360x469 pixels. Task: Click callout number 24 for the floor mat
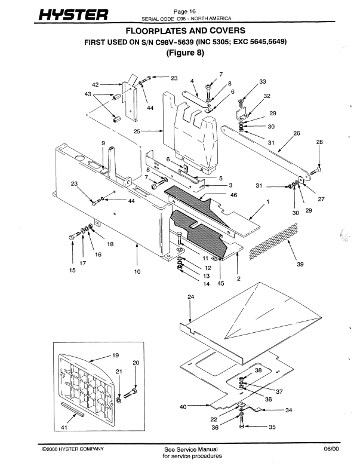tap(191, 296)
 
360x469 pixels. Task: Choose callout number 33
tap(262, 82)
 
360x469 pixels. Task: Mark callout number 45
tap(220, 284)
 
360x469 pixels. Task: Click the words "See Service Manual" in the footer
tap(187, 449)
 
